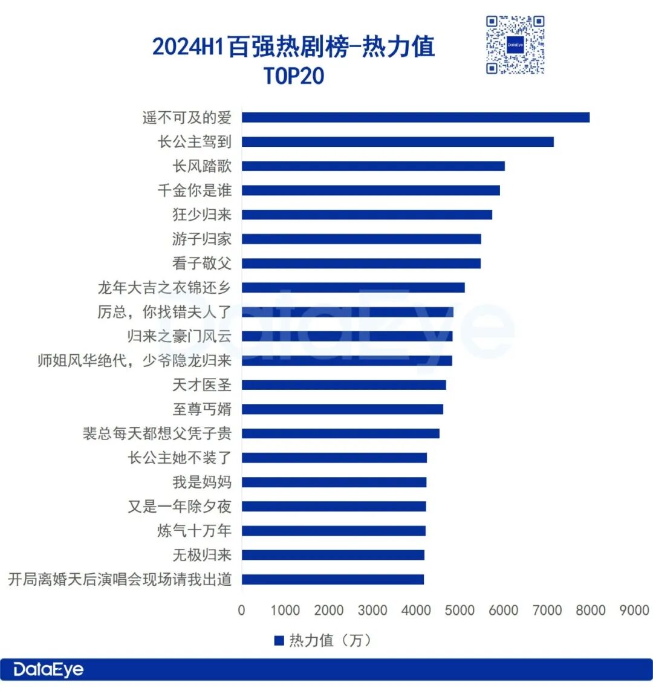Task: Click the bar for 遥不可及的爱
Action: coord(415,117)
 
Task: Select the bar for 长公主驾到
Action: coord(397,142)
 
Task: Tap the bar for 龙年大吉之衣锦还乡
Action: coord(353,288)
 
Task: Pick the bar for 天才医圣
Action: coord(343,385)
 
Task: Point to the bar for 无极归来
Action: coord(333,555)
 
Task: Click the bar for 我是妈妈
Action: coord(334,482)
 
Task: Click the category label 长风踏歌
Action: coord(202,166)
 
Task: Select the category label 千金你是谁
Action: coord(195,190)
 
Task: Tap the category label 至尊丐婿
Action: coord(202,409)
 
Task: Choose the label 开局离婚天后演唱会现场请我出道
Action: coord(120,579)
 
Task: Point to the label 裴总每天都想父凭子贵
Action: coord(157,433)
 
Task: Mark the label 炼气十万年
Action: coord(195,531)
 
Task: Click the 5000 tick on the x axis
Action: coord(460,610)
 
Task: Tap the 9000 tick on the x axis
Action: coord(634,610)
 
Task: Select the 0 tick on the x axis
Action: coord(241,610)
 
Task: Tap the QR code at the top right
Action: coord(515,45)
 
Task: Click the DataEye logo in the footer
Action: coord(48,670)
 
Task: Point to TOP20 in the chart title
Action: coord(294,76)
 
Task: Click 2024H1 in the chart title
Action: coord(188,47)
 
